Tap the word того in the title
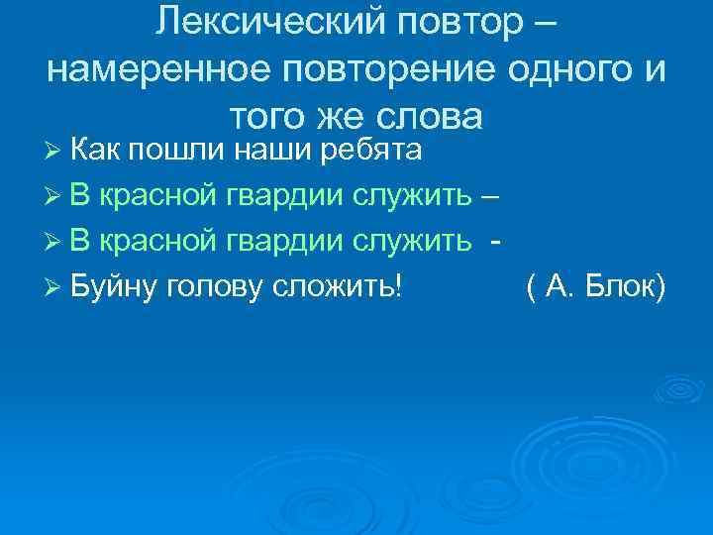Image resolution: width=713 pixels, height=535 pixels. pos(264,116)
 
